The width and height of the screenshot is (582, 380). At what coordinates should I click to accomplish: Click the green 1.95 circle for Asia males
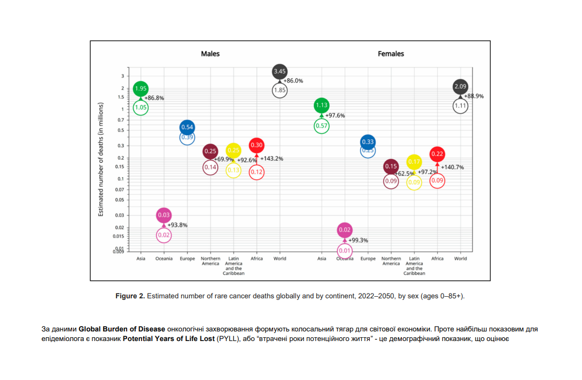coord(141,89)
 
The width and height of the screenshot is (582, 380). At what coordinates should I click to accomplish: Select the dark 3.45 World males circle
coord(280,71)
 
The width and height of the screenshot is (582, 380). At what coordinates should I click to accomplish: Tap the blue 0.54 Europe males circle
coord(187,127)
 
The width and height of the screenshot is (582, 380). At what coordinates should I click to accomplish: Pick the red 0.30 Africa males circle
coord(257,145)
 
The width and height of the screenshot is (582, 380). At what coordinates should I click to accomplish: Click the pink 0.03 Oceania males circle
coord(164,215)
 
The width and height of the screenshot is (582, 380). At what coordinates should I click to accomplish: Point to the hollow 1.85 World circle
coord(280,91)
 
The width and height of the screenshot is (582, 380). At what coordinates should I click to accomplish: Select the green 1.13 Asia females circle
coord(322,105)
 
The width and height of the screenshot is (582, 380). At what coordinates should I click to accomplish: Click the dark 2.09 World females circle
coord(461,86)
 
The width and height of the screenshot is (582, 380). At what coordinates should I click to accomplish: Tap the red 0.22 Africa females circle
coord(437,154)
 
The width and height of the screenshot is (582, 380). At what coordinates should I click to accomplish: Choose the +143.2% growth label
coord(271,159)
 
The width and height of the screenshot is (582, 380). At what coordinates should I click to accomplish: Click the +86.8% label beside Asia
coord(154,98)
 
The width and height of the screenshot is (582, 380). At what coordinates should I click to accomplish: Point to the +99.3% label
coord(358,240)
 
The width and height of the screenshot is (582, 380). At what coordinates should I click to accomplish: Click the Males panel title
coord(210,54)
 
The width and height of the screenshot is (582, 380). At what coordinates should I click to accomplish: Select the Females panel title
coord(391,54)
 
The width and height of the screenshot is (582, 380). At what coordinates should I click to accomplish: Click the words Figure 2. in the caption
coord(130,296)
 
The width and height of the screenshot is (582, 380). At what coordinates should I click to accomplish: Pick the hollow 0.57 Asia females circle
coord(322,126)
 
